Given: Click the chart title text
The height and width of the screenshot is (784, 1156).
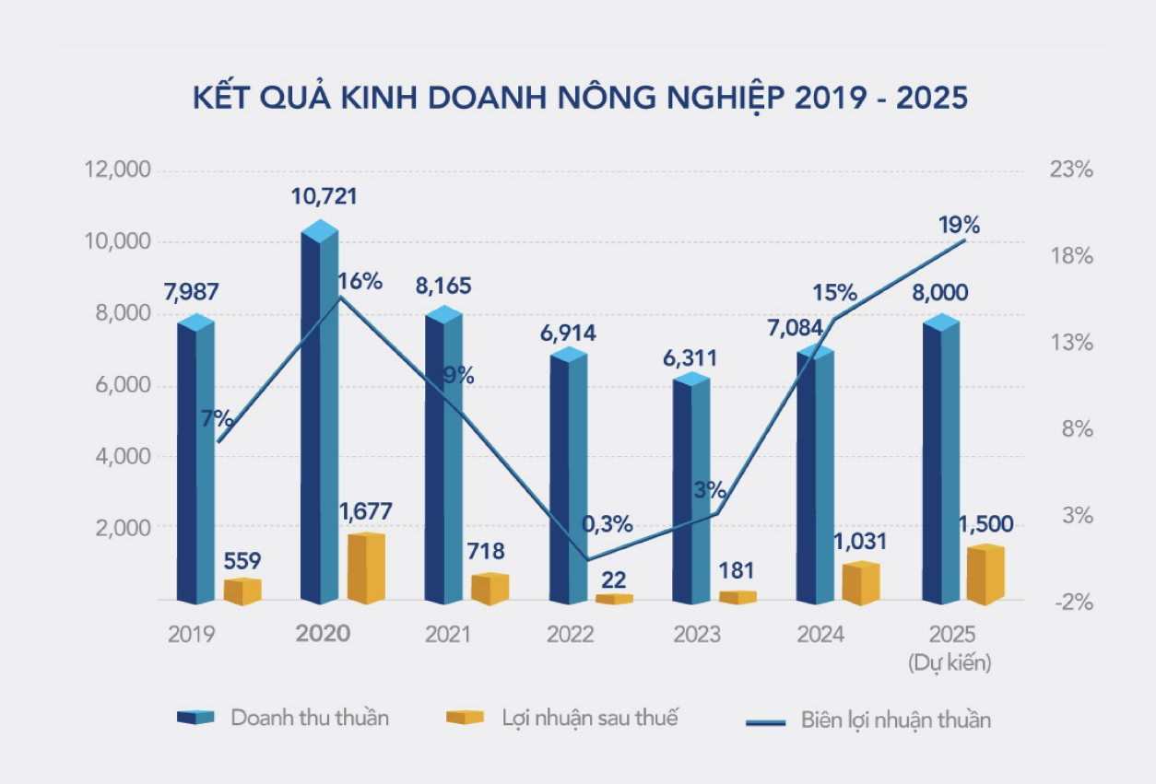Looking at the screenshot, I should (x=580, y=99).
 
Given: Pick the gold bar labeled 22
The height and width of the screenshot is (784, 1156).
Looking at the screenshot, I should (x=614, y=599).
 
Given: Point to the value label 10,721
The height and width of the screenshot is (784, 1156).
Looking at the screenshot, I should (x=324, y=196).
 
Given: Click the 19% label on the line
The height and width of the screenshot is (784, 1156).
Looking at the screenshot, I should (x=960, y=224).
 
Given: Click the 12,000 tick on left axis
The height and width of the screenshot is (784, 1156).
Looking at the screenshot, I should (x=117, y=170).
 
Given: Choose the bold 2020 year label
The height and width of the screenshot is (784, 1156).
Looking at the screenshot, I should (x=323, y=635).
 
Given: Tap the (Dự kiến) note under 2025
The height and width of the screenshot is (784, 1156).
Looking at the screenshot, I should (x=951, y=662).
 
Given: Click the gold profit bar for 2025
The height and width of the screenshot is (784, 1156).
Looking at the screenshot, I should (x=985, y=576).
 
